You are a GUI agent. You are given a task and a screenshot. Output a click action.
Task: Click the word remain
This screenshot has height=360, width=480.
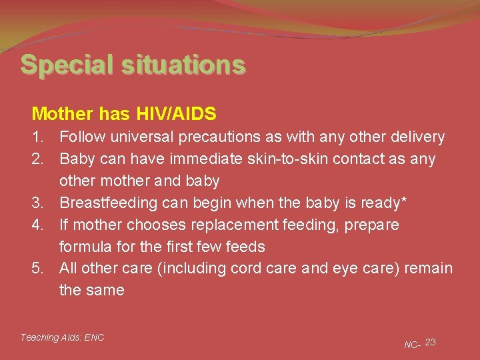[x=429, y=268]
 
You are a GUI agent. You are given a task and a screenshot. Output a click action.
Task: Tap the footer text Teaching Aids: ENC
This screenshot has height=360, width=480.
[x=62, y=337]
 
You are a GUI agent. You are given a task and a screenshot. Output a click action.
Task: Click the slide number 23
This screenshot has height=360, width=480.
[x=431, y=342]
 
